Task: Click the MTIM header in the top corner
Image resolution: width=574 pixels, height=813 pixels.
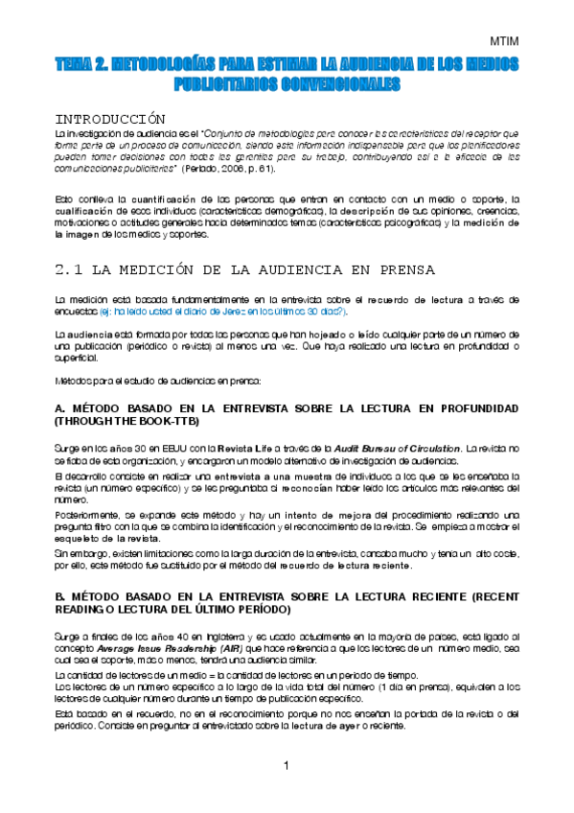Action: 504,42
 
